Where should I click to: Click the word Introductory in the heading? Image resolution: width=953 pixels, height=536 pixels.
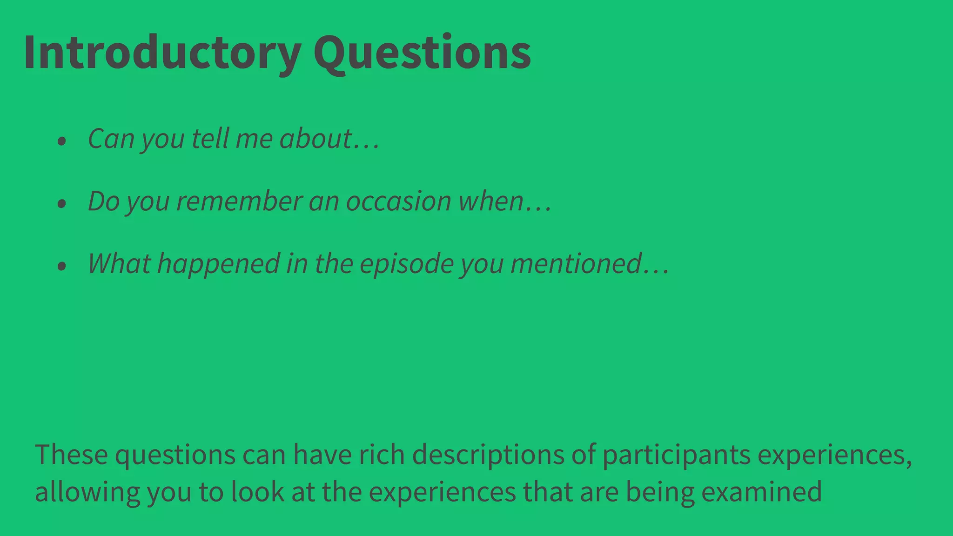(162, 52)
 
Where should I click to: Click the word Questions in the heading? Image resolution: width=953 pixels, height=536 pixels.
(422, 52)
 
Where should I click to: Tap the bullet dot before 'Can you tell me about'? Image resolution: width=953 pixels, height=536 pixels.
(62, 141)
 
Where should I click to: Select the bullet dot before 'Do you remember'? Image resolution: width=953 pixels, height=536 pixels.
(62, 203)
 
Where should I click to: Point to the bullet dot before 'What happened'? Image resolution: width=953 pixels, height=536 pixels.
(62, 266)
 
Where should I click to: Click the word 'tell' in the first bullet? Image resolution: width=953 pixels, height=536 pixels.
(210, 139)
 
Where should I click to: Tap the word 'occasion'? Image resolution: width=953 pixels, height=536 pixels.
(398, 201)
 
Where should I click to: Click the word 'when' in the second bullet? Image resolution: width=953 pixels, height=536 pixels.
(491, 201)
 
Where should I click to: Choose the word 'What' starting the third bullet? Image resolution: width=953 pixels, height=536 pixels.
(119, 264)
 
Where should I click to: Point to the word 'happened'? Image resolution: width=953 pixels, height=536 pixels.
(218, 264)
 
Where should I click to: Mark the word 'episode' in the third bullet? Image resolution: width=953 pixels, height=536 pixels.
(406, 264)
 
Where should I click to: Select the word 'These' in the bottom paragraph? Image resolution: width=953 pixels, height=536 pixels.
(71, 455)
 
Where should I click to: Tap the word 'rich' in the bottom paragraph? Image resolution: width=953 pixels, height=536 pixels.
(382, 455)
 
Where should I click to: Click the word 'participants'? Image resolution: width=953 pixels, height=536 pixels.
(677, 455)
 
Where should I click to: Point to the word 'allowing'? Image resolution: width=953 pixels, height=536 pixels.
(87, 492)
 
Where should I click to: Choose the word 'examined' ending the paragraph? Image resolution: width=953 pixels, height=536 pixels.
(761, 492)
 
